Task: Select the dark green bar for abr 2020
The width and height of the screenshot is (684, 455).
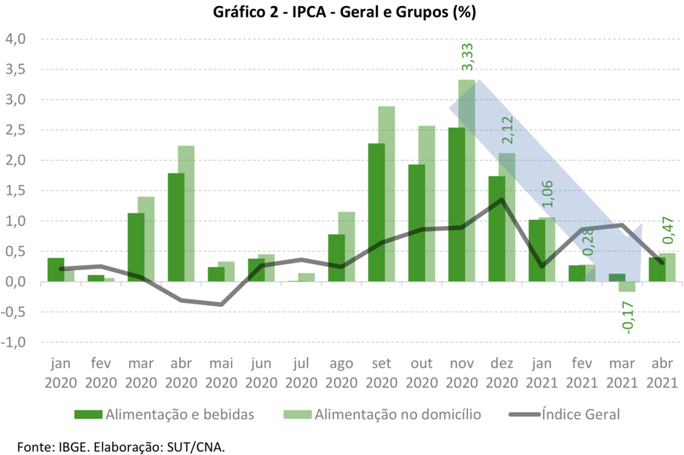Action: pyautogui.click(x=176, y=227)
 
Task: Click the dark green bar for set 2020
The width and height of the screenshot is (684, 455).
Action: pyautogui.click(x=376, y=212)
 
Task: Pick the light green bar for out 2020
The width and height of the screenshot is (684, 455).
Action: pyautogui.click(x=427, y=203)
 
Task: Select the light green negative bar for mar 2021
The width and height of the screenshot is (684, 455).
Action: pyautogui.click(x=627, y=287)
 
